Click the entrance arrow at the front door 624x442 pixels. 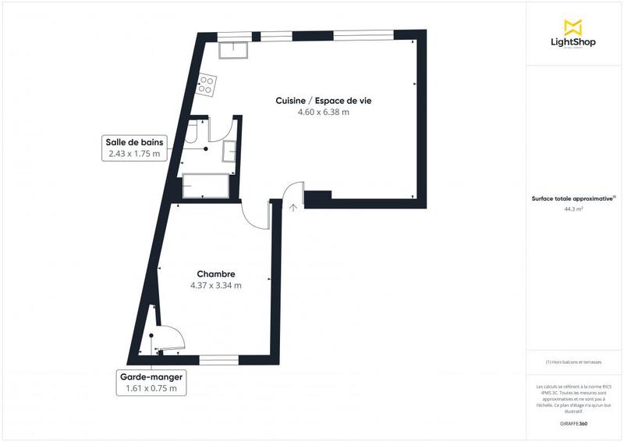[x=293, y=207]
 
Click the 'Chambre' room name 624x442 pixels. [x=216, y=274]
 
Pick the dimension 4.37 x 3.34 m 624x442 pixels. [x=216, y=286]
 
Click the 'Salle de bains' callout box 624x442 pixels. [x=133, y=148]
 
